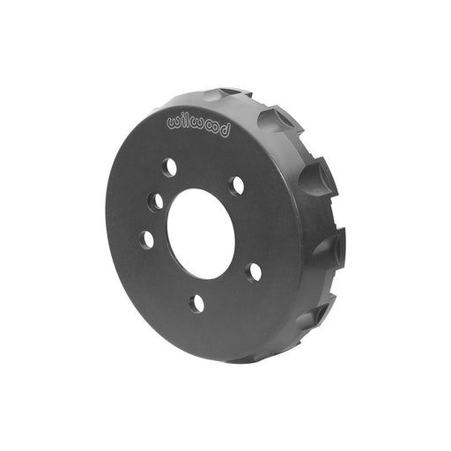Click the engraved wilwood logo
click(197, 123)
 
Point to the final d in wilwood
click(225, 132)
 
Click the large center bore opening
click(201, 233)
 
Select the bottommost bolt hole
click(196, 303)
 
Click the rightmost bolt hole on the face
click(254, 272)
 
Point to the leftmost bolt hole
click(146, 239)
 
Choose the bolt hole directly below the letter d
click(236, 186)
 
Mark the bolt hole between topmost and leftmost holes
click(155, 202)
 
